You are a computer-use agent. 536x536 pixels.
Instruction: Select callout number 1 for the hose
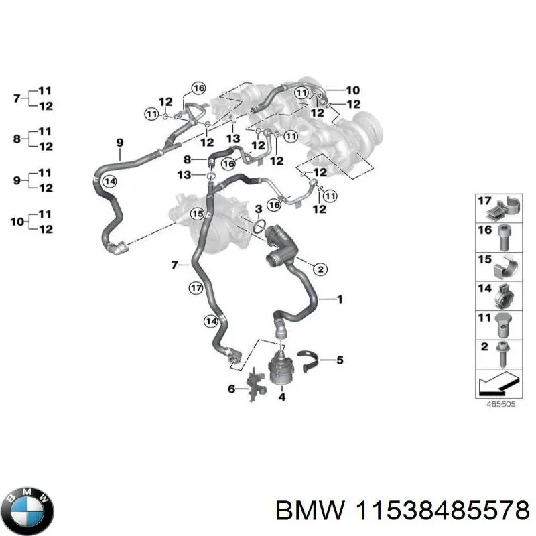[339, 299]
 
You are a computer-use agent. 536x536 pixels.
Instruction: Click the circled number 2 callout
[320, 269]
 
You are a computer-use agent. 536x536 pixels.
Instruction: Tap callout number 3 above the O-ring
[258, 210]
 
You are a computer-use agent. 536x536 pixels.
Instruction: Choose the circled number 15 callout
[197, 214]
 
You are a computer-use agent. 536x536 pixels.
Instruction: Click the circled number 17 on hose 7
[195, 289]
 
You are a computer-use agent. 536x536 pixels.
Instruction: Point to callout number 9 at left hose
[119, 142]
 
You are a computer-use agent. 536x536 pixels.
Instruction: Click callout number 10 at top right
[353, 90]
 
